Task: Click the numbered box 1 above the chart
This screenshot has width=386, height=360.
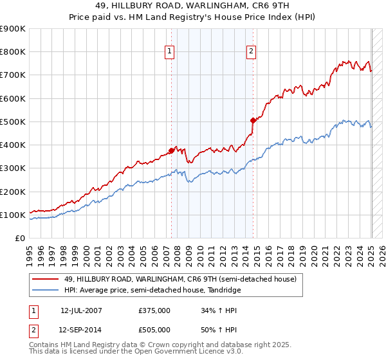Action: point(169,52)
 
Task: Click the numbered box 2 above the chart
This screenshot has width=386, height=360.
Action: point(251,52)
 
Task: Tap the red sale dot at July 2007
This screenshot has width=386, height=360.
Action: point(171,150)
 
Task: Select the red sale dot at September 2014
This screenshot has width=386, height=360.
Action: point(253,120)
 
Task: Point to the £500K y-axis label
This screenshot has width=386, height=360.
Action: point(13,122)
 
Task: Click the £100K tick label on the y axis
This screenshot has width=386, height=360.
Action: point(13,215)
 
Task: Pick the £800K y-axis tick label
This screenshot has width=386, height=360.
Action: point(13,51)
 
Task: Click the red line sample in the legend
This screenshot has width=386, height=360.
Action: point(46,279)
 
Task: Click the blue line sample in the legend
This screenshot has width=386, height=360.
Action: point(46,291)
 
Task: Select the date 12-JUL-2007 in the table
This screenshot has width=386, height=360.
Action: point(81,310)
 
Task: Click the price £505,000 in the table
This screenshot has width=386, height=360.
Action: point(154,330)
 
